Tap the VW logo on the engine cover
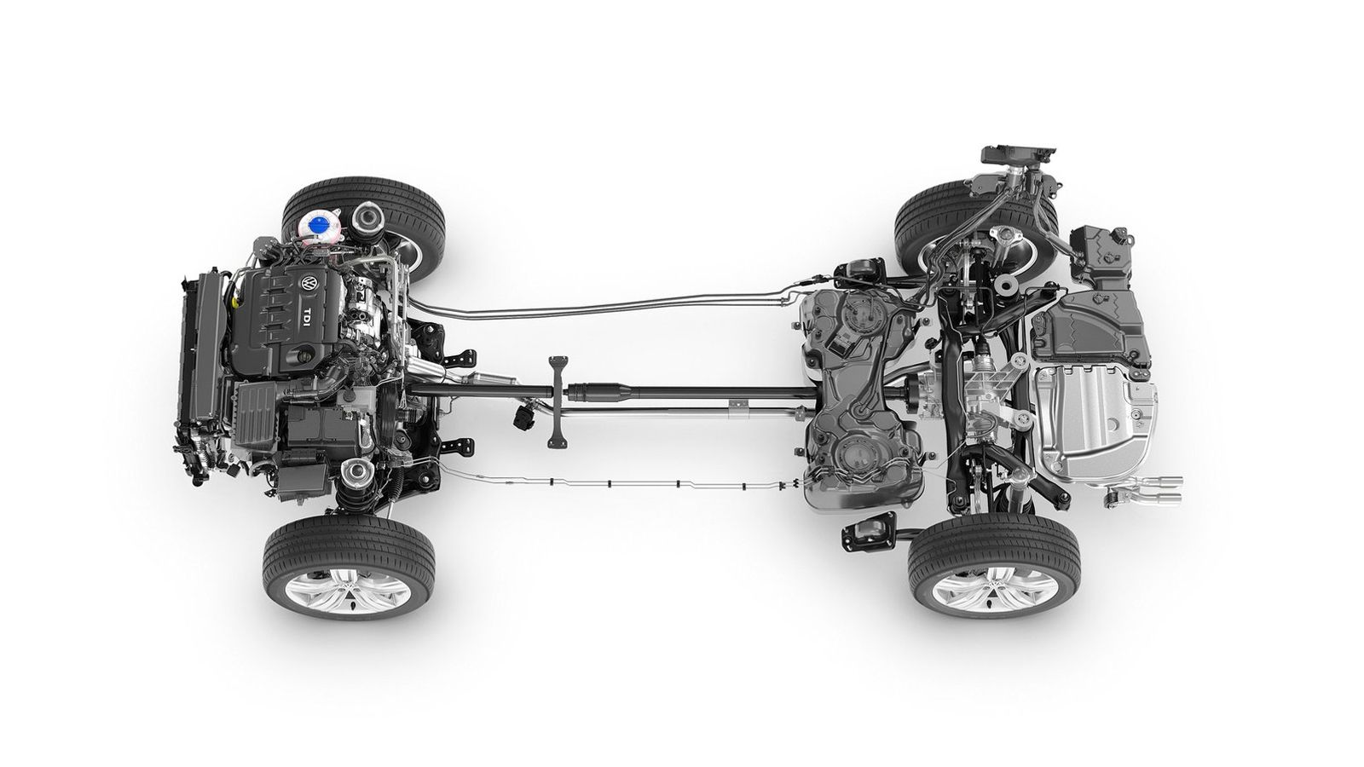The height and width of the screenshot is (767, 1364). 310,284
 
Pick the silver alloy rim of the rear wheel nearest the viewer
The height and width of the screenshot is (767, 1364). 994,588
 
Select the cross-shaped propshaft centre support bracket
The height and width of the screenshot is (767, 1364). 558,401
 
